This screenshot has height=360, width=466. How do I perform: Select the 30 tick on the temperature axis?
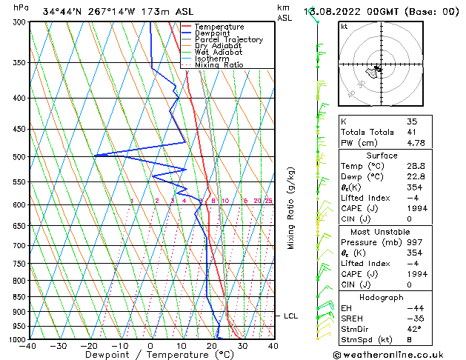click(242, 346)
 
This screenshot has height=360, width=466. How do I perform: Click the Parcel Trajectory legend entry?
click(228, 40)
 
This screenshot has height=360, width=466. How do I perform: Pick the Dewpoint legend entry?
click(213, 33)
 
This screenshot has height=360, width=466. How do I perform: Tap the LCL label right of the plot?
click(290, 316)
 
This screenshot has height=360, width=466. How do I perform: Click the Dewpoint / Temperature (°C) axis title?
click(151, 356)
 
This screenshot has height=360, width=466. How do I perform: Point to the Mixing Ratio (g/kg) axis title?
click(291, 208)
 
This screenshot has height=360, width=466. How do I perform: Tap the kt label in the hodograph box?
click(344, 27)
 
